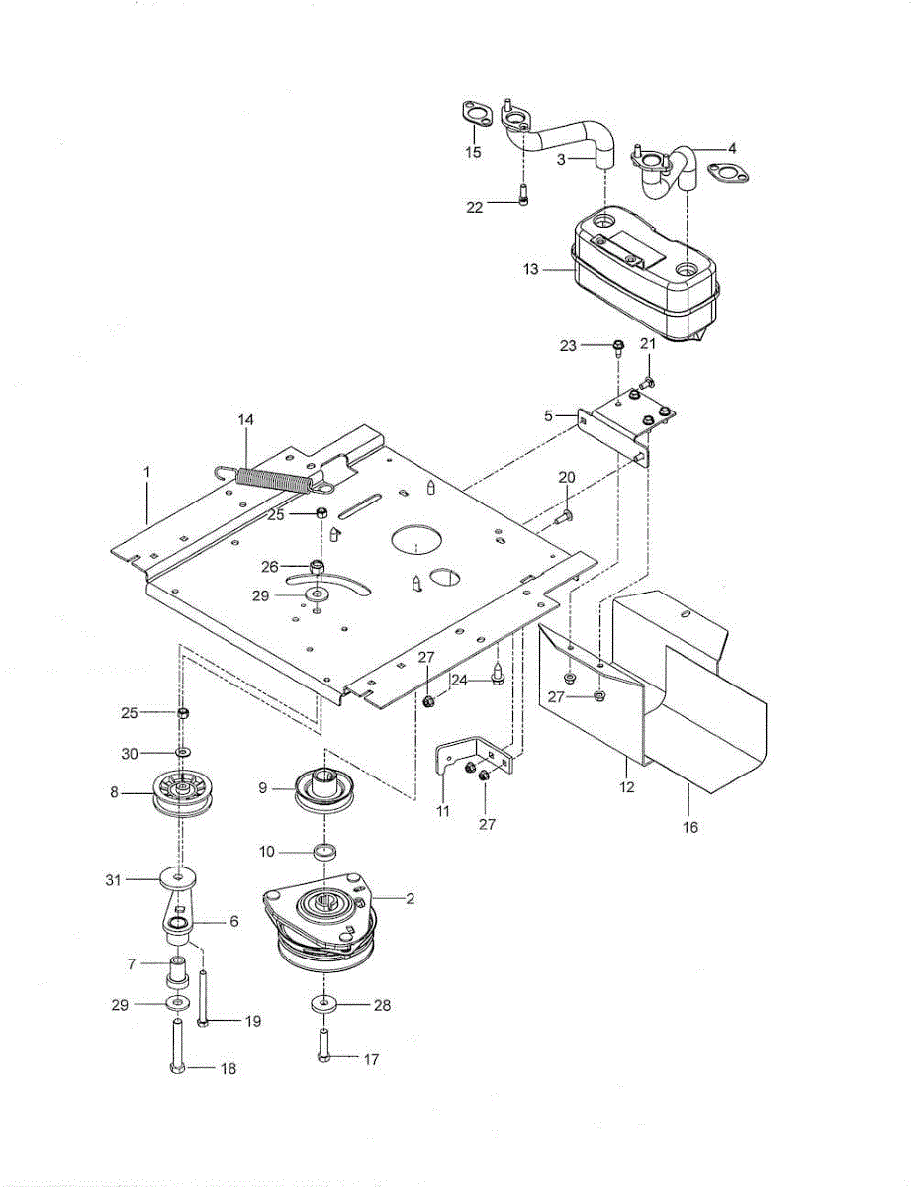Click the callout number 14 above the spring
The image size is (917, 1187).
245,419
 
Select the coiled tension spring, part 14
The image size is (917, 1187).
272,478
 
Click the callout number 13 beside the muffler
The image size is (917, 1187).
530,269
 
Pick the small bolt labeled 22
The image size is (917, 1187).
523,191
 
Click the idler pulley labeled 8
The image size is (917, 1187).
184,793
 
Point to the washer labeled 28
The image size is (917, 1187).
325,1004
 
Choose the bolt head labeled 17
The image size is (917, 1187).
323,1058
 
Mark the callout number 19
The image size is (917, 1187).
253,1021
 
